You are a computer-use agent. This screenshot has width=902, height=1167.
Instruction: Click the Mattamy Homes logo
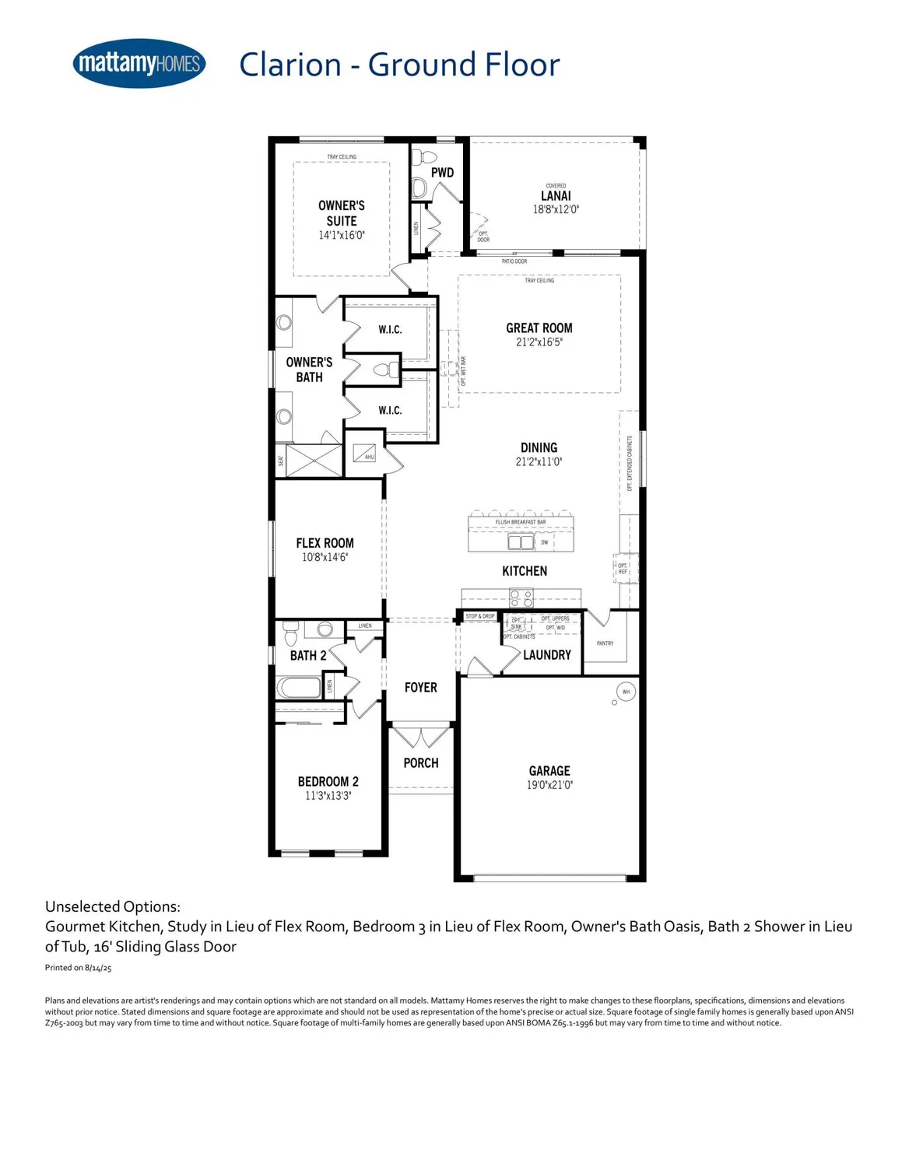[139, 63]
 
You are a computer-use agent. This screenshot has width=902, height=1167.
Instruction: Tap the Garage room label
[549, 770]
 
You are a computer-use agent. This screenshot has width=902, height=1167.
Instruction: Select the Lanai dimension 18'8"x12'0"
[556, 209]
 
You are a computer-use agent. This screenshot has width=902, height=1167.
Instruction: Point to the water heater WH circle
[626, 691]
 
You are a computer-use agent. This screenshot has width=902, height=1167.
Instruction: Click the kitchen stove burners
[521, 598]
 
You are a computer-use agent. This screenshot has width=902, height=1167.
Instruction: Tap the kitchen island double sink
[521, 541]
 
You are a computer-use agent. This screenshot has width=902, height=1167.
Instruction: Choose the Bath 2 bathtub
[299, 688]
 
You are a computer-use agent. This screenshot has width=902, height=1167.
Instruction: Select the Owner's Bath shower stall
[314, 460]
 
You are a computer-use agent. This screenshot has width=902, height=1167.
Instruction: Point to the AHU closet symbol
[363, 451]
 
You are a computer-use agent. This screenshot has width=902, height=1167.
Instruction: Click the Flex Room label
[325, 543]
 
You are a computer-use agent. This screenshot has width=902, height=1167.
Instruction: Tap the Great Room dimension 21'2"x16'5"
[539, 342]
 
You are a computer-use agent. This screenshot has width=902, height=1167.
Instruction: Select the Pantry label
[605, 643]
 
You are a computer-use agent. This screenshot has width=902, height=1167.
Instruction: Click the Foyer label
[420, 688]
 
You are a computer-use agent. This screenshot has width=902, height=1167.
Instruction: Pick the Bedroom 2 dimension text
[328, 796]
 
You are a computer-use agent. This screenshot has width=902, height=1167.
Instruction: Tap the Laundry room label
[546, 655]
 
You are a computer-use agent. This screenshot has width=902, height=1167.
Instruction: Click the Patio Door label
[514, 261]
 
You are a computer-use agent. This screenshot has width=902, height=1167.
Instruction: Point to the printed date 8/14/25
[98, 968]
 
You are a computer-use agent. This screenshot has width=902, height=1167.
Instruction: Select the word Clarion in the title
[290, 65]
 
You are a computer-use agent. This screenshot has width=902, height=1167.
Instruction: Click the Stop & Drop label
[480, 616]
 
